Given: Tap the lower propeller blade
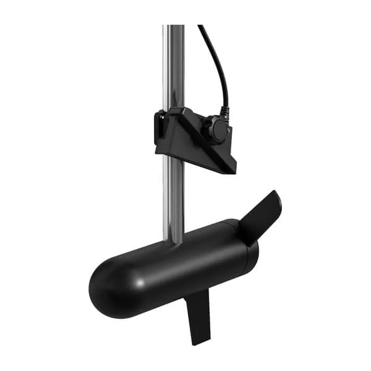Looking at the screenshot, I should coord(199,315).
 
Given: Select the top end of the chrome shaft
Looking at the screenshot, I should coord(174,27).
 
